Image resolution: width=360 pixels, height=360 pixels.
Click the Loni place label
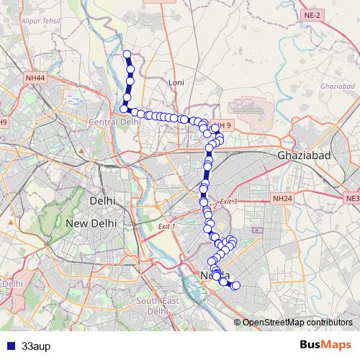pos(176,83)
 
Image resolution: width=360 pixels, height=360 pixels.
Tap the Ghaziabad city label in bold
pos(303,156)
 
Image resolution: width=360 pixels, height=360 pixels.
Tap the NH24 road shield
pos(282,197)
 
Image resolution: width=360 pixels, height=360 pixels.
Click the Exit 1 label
pos(166,227)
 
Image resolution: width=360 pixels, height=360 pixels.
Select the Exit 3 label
pos(228,201)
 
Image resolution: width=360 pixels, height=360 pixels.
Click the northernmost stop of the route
pos(127,54)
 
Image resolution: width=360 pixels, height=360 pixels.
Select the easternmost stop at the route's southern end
pos(235,286)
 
